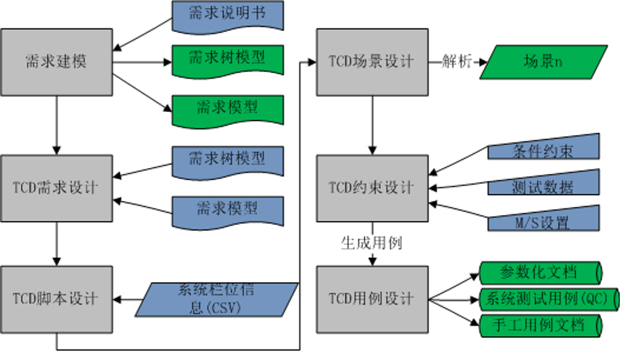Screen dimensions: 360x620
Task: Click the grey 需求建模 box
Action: (57, 61)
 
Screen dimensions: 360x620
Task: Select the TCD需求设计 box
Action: (57, 187)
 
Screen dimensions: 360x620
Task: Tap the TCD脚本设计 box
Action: (57, 298)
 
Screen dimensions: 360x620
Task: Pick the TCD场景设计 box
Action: (372, 62)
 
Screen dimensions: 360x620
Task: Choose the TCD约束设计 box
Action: (372, 187)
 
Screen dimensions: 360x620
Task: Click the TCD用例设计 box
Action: (372, 298)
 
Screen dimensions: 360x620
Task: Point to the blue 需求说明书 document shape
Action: (228, 16)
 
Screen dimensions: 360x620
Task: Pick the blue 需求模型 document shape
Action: (228, 210)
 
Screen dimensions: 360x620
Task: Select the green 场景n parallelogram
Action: (543, 62)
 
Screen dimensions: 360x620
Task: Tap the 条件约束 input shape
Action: (544, 149)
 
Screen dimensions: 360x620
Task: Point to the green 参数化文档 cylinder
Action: (540, 271)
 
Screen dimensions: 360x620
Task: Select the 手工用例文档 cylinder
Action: (540, 325)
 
